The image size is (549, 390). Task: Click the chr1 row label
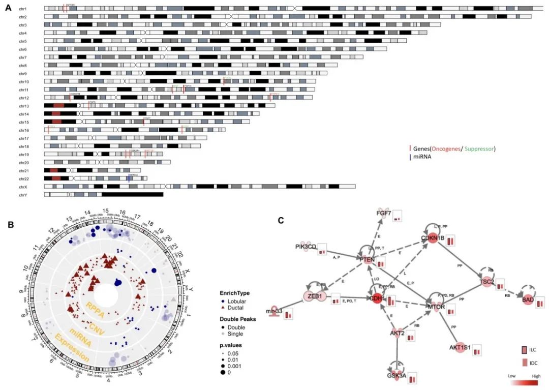pyautogui.click(x=23, y=9)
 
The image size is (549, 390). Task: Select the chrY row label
pyautogui.click(x=23, y=195)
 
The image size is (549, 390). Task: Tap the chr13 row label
pyautogui.click(x=23, y=106)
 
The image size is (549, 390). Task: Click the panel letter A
pyautogui.click(x=8, y=7)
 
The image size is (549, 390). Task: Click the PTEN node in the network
pyautogui.click(x=367, y=260)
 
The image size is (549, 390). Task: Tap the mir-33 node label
pyautogui.click(x=274, y=311)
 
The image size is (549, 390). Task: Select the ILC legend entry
pyautogui.click(x=532, y=350)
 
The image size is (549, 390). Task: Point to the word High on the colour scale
pyautogui.click(x=536, y=375)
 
